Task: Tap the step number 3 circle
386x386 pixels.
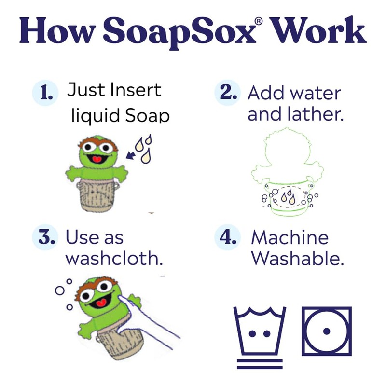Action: [47, 237]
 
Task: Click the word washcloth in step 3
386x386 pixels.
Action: [113, 259]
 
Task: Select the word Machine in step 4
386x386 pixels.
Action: [289, 237]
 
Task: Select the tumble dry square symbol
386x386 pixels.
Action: [327, 331]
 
